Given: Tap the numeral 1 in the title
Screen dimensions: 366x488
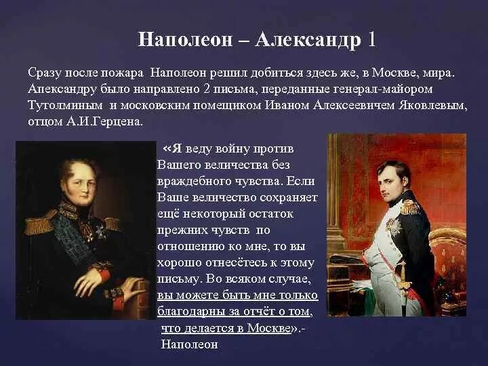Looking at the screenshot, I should (371, 39).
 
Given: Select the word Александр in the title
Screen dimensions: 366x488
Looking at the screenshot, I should (308, 39).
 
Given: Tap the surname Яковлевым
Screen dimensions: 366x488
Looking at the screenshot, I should (432, 106).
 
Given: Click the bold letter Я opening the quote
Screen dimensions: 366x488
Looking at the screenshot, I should (176, 148).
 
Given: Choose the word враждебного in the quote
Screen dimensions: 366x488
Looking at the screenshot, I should (190, 182).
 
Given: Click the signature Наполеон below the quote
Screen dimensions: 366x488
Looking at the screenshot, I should (189, 344).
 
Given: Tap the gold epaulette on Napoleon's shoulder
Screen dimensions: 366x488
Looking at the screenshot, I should (411, 206).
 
